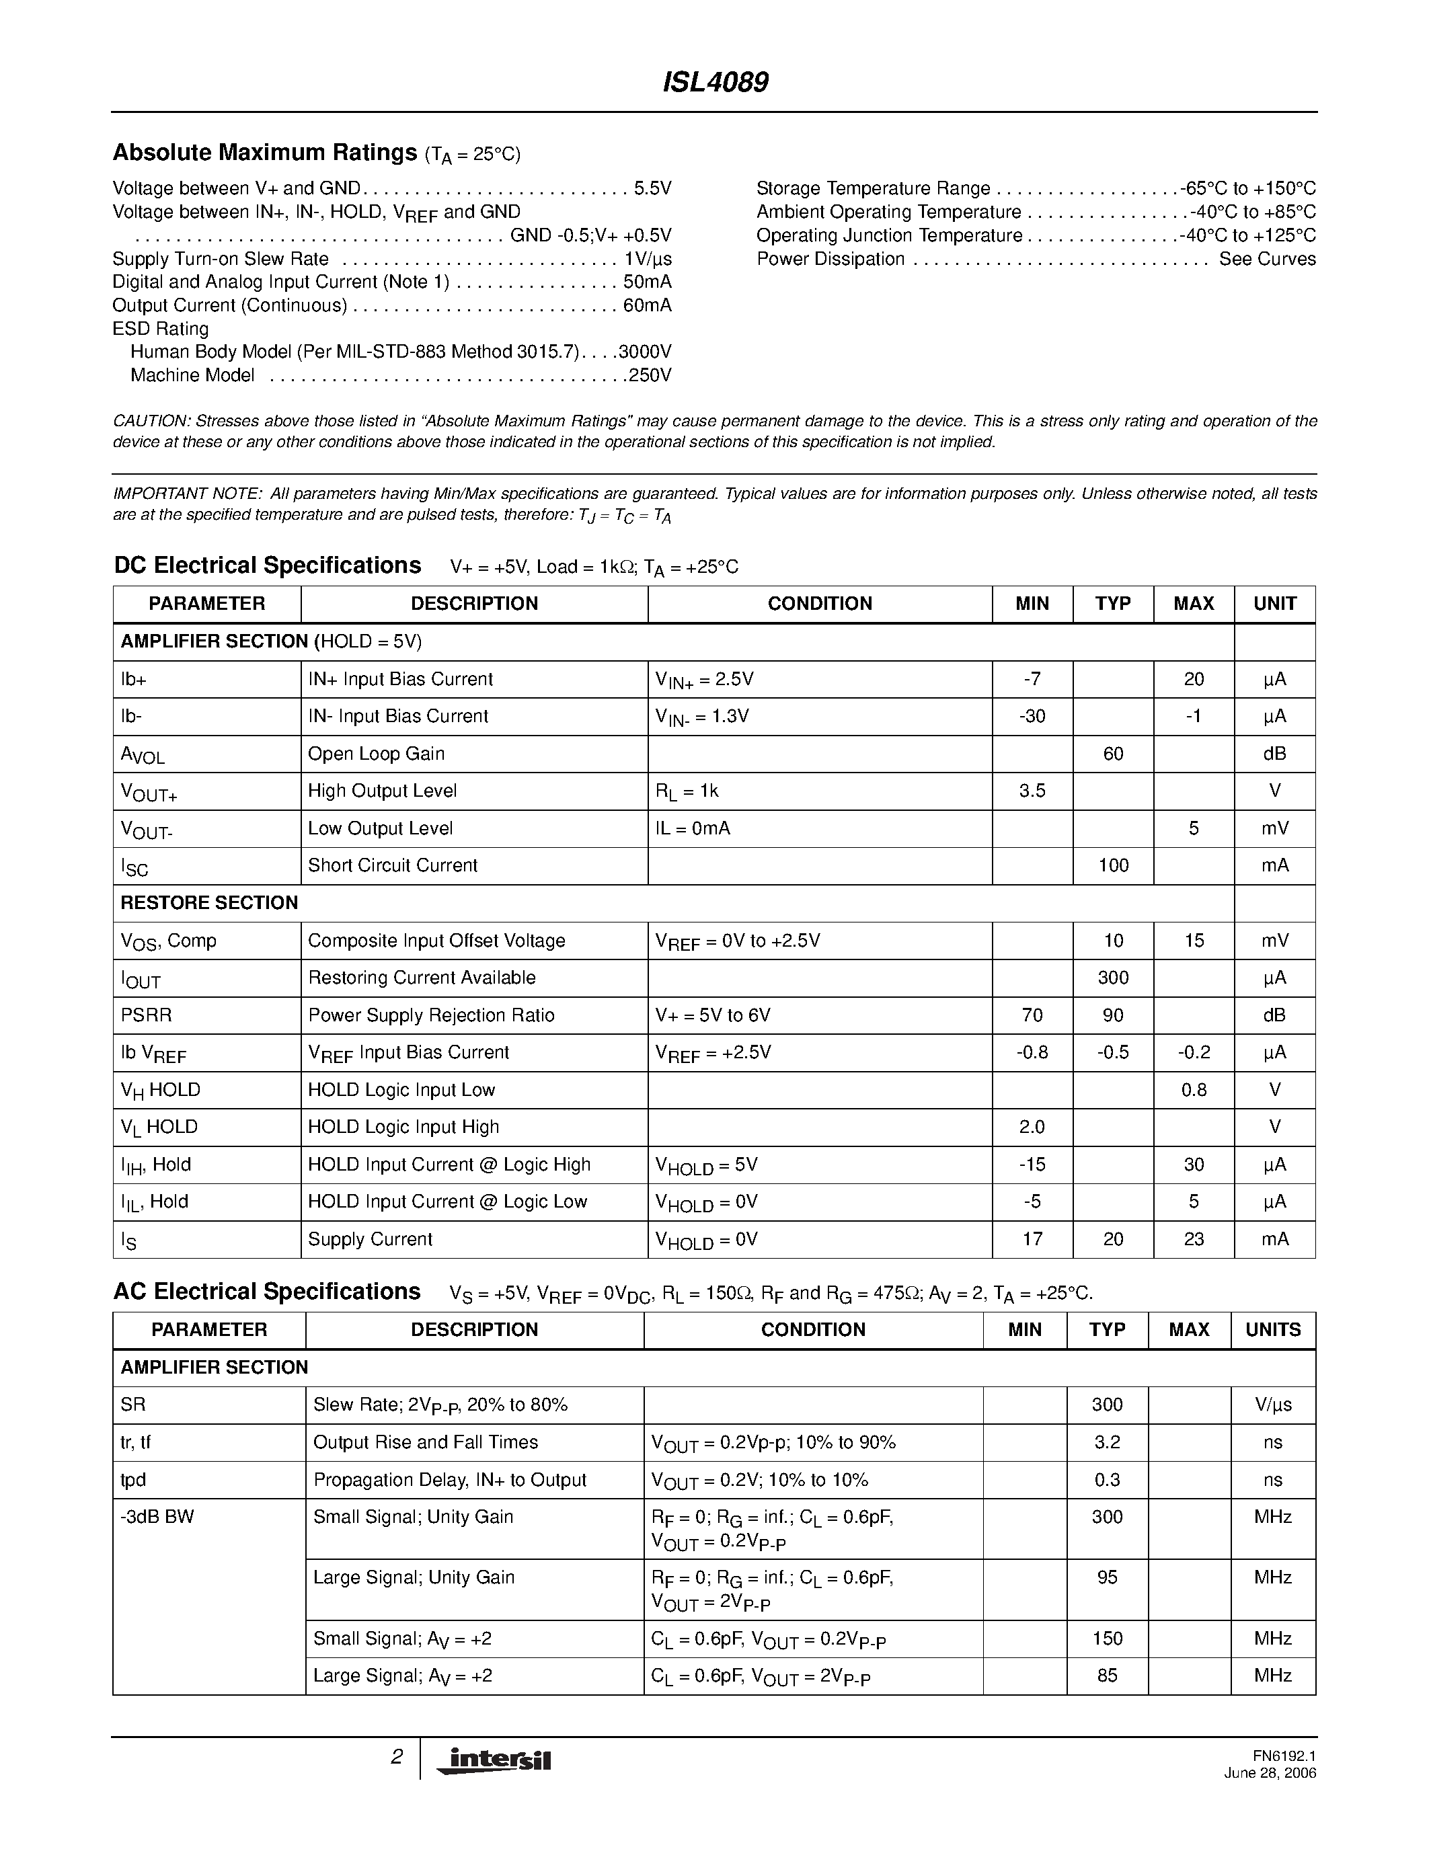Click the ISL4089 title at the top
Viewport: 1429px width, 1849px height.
click(x=714, y=82)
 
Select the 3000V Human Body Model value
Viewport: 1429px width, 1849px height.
click(x=644, y=352)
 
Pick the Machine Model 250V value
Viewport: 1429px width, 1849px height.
click(x=650, y=375)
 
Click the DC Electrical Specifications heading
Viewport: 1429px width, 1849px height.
click(x=268, y=565)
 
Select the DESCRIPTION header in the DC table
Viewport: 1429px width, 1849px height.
click(x=474, y=604)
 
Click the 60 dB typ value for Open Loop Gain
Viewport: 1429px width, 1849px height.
click(x=1112, y=754)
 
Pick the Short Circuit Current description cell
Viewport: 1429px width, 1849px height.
click(x=393, y=865)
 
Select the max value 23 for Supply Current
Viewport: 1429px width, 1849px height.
click(x=1193, y=1238)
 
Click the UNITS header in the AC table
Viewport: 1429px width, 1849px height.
click(x=1272, y=1329)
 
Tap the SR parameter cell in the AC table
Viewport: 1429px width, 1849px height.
click(x=133, y=1405)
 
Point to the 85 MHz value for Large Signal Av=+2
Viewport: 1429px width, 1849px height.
click(x=1106, y=1676)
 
